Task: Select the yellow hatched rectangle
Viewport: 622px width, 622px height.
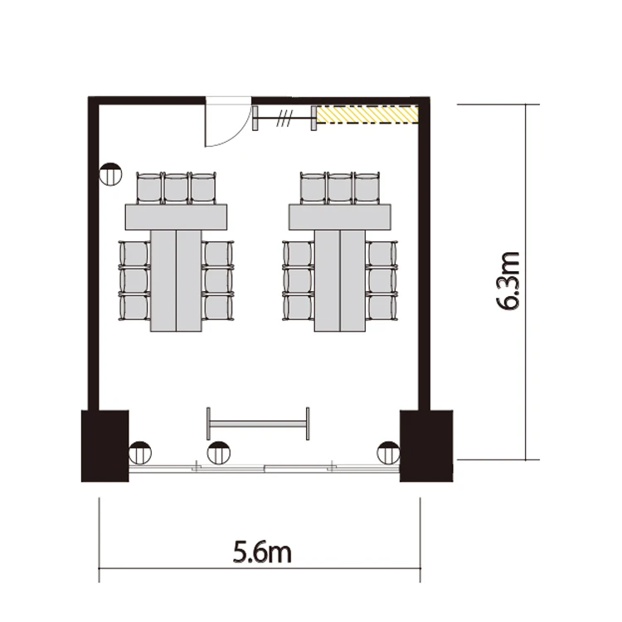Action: pos(367,114)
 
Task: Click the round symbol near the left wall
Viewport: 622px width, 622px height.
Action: pos(110,174)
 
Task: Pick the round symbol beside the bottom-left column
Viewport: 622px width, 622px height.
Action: pos(140,453)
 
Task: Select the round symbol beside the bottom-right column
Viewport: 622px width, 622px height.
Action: pos(388,453)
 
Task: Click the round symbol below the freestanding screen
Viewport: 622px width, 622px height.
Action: pos(219,453)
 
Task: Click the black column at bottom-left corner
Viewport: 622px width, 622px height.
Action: pos(104,446)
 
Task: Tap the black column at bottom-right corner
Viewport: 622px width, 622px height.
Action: pos(426,446)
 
